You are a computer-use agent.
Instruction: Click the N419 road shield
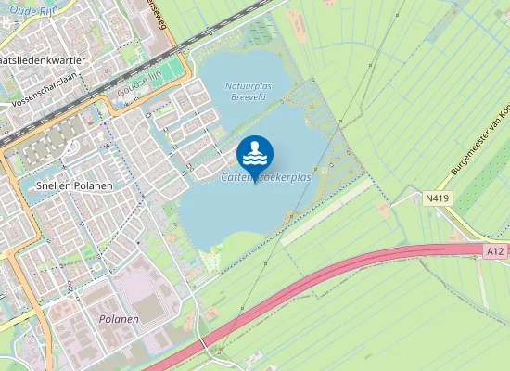437,198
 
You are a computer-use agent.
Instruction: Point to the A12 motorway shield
494,250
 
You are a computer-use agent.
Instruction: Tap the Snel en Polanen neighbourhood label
73,185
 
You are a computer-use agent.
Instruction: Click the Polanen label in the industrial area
119,319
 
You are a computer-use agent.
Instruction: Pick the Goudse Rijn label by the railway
139,91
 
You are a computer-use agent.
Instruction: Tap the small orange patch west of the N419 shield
384,210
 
